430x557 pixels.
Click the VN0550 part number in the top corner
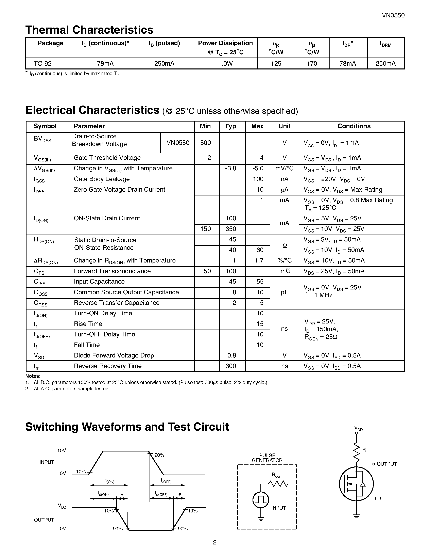(393, 15)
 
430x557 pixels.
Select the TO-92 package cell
(43, 64)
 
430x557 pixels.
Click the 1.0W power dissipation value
(225, 64)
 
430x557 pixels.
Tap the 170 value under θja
(312, 64)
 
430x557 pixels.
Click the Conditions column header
(354, 126)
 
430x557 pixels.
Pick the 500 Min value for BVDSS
(205, 143)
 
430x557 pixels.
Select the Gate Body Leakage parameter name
(102, 179)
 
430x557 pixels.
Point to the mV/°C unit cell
(284, 169)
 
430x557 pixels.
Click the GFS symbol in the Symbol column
(39, 272)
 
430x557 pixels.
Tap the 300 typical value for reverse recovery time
(231, 366)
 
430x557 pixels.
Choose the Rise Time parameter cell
(88, 324)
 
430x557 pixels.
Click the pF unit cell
(284, 292)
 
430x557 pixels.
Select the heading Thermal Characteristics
(89, 30)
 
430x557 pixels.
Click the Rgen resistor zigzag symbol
(278, 484)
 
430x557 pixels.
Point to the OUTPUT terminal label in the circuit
(386, 464)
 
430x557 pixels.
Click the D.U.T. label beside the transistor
(379, 499)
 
